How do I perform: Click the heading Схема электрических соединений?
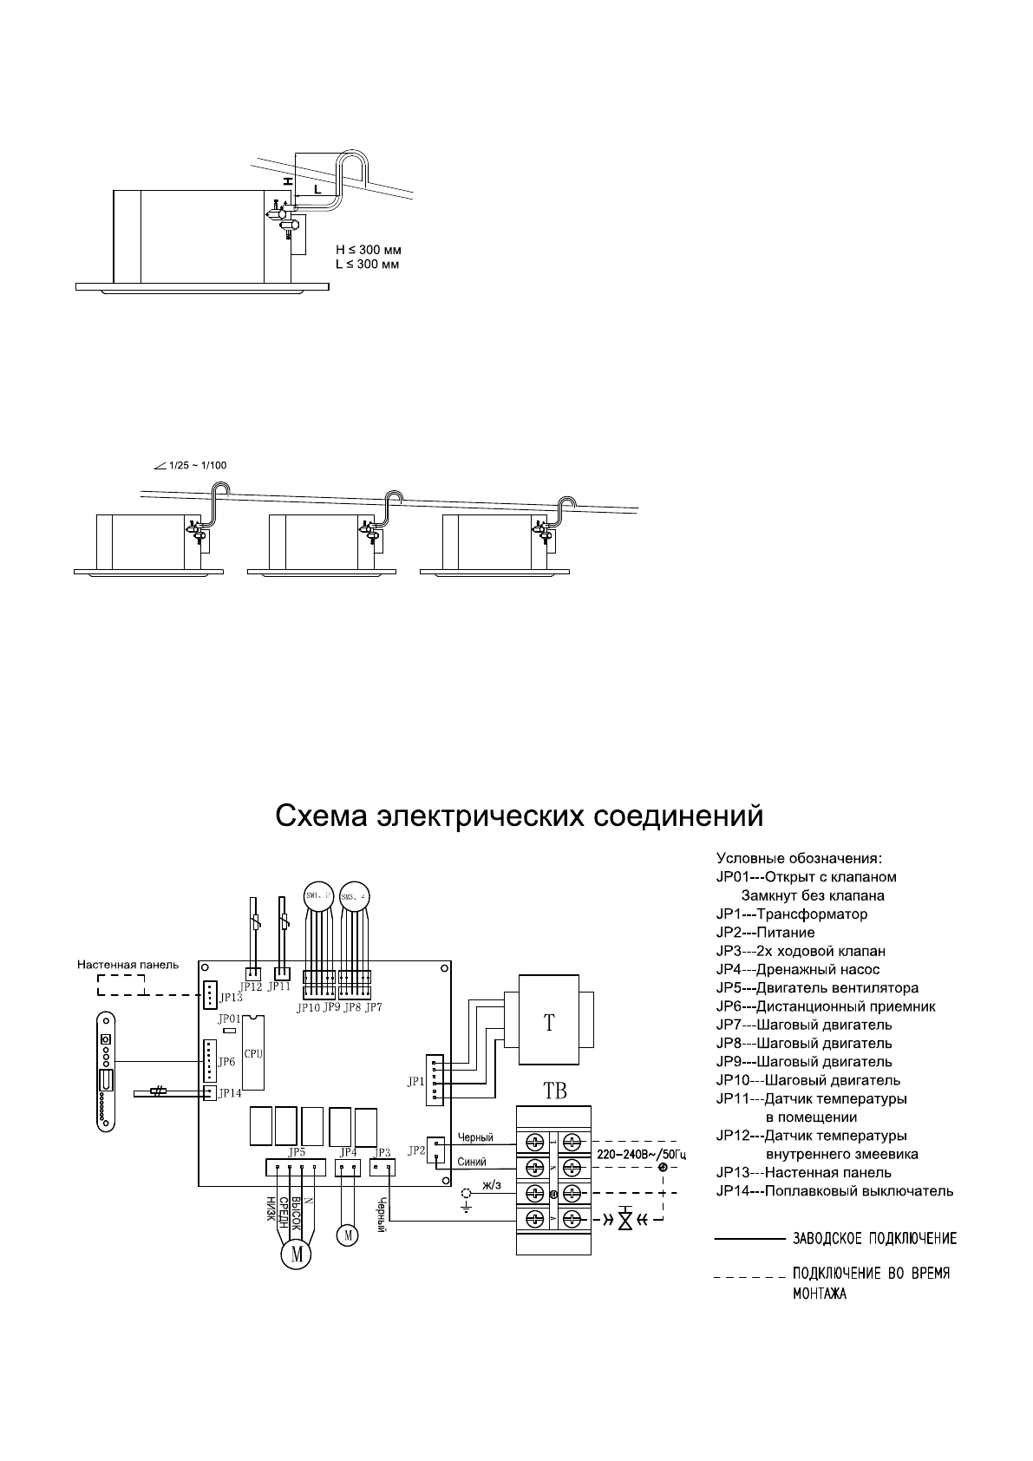coord(519,816)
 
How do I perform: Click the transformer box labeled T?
coord(549,1021)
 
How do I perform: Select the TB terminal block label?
coord(554,1091)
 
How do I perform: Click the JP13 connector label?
coord(231,998)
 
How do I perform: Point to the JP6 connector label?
coord(226,1062)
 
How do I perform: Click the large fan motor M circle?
coord(296,1254)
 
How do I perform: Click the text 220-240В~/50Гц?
coord(636,1153)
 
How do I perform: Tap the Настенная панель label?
coord(127,964)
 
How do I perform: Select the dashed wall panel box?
coord(121,985)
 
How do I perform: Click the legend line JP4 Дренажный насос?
coord(797,969)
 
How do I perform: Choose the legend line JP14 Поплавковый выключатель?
coord(834,1191)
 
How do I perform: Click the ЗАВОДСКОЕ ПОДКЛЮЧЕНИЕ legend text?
coord(875,1238)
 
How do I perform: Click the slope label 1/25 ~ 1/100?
coord(193,465)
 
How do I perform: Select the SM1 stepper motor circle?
coord(317,896)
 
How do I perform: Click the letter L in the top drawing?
coord(317,188)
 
